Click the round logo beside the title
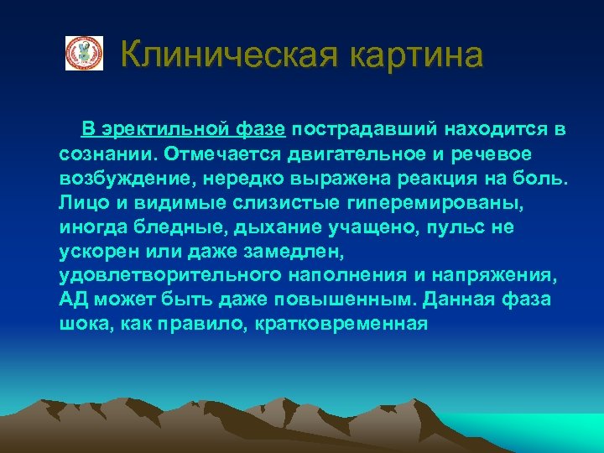84,54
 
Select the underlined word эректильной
169,130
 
